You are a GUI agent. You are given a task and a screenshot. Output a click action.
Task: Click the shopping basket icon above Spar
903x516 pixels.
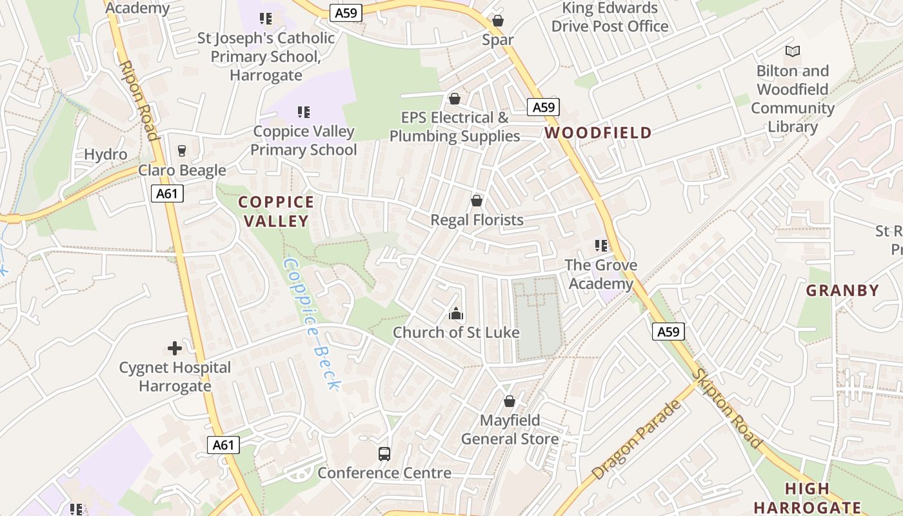(x=497, y=21)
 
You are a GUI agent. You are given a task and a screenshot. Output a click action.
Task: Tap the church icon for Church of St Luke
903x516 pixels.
(x=456, y=314)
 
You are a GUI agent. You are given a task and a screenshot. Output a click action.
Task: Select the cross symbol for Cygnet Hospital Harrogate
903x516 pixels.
(x=175, y=349)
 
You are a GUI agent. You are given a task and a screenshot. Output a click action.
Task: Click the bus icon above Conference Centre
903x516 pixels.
(x=384, y=454)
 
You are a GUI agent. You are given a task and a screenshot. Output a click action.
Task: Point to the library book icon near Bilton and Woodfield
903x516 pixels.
(x=792, y=51)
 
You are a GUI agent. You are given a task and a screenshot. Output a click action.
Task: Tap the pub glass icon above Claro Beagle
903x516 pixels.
(x=182, y=151)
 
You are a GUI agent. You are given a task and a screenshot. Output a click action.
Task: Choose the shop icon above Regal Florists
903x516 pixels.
(x=477, y=201)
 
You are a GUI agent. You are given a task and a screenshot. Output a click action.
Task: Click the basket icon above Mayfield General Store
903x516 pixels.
(x=510, y=401)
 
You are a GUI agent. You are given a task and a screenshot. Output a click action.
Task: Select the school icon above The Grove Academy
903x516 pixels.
(x=601, y=246)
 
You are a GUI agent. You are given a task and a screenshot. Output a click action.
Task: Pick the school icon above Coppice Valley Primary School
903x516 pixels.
(x=304, y=112)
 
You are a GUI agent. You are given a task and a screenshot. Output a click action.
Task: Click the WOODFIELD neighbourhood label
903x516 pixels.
(x=598, y=134)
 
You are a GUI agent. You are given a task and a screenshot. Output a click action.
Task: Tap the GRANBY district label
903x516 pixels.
(x=842, y=290)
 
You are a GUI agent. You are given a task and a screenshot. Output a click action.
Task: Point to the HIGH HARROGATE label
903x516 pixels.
(x=808, y=498)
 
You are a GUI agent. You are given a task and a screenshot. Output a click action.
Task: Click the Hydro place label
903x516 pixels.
(x=106, y=155)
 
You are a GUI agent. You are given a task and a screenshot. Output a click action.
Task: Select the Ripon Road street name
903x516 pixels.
(x=139, y=101)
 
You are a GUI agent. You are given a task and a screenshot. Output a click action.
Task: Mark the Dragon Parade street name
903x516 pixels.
(x=636, y=439)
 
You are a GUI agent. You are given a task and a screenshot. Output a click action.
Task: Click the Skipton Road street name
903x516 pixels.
(x=727, y=409)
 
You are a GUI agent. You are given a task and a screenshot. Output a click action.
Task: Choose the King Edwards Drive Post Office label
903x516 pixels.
(x=610, y=17)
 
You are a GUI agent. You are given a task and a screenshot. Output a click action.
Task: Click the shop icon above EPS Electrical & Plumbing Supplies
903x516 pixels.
(x=455, y=99)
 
